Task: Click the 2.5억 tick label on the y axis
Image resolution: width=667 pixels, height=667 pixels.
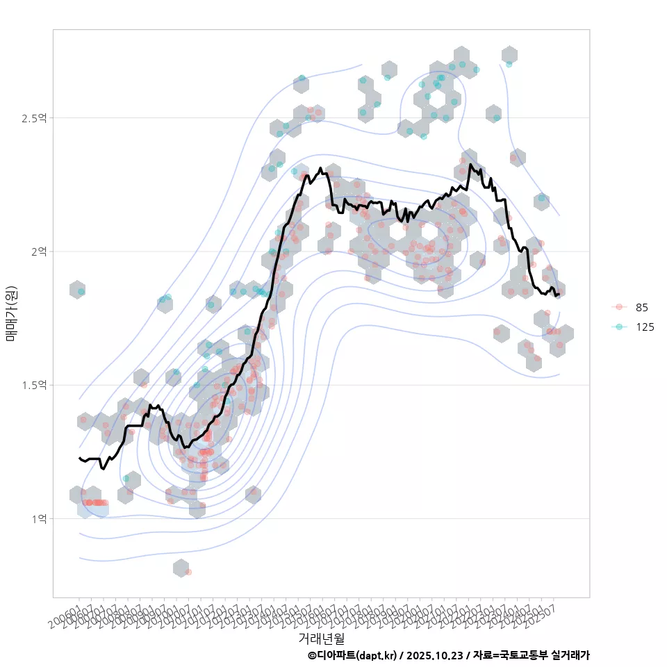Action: [33, 118]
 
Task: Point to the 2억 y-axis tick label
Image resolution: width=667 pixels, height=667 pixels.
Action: [38, 252]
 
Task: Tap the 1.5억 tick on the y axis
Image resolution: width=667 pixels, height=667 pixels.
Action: [33, 385]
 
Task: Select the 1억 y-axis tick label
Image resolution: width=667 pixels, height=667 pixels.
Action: [38, 518]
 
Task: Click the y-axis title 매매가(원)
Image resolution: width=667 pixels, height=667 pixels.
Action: [10, 313]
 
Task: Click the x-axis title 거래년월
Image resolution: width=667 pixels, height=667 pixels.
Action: [321, 637]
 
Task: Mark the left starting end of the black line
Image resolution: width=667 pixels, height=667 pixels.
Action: [79, 458]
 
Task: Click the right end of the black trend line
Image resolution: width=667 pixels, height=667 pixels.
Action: [559, 295]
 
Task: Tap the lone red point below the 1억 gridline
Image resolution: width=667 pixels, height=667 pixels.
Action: [188, 572]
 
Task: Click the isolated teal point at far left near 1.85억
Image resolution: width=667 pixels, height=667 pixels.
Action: [81, 291]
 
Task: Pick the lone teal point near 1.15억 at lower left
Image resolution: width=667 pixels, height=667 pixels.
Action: [126, 479]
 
